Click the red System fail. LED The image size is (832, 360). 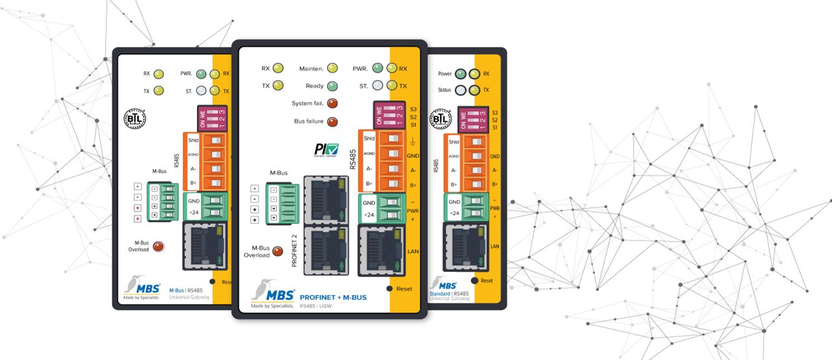point(332,103)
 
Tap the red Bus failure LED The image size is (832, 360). point(332,122)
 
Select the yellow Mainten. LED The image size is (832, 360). point(332,68)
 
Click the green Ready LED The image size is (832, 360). point(332,86)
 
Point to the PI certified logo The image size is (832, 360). point(326,151)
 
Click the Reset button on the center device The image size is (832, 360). point(389,289)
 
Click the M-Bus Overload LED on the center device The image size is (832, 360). point(278,251)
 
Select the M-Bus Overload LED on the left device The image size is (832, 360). point(157,246)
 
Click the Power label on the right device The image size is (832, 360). point(445,73)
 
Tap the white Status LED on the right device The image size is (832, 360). point(461,90)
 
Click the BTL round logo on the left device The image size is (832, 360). point(135,119)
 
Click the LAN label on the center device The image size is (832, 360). point(412,251)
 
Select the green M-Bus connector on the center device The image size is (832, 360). point(286,204)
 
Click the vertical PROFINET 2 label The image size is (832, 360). point(294,251)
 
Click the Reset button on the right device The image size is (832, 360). point(475,280)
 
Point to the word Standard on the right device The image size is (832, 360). point(440,293)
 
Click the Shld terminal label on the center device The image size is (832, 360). point(369,138)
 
